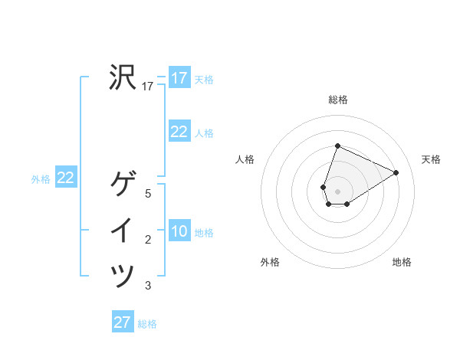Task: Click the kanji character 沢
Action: pyautogui.click(x=123, y=77)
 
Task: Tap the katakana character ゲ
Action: pyautogui.click(x=123, y=185)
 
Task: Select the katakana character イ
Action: pyautogui.click(x=123, y=231)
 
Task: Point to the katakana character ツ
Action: pyautogui.click(x=123, y=276)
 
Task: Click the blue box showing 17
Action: pyautogui.click(x=179, y=78)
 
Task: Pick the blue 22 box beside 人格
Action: pyautogui.click(x=179, y=132)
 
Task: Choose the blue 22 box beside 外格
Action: pyautogui.click(x=65, y=178)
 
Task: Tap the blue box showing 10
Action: pyautogui.click(x=179, y=231)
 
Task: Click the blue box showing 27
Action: pyautogui.click(x=123, y=322)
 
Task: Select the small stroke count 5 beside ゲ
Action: pyautogui.click(x=148, y=195)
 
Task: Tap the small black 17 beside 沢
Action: pyautogui.click(x=148, y=87)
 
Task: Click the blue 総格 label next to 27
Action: pyautogui.click(x=147, y=324)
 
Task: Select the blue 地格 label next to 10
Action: pyautogui.click(x=204, y=233)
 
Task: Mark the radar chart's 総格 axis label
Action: pyautogui.click(x=337, y=100)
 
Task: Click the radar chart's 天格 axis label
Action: pyautogui.click(x=431, y=159)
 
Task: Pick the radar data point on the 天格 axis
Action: pyautogui.click(x=396, y=172)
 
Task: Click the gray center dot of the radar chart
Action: pyautogui.click(x=337, y=191)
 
